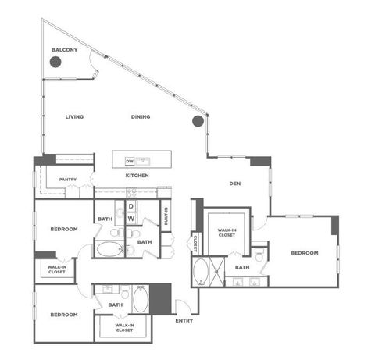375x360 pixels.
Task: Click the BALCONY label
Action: coord(65,50)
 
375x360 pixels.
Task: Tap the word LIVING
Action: coord(75,117)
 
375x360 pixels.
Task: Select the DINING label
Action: coord(141,117)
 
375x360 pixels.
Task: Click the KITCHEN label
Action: coord(137,176)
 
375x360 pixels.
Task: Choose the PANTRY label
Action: coord(67,180)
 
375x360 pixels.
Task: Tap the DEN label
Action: coord(234,184)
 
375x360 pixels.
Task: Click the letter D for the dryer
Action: coord(131,206)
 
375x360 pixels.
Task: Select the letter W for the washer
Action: coord(131,218)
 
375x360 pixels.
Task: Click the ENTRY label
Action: coord(184,319)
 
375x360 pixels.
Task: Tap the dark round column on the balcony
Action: coord(56,63)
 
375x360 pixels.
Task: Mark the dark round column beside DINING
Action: coord(198,121)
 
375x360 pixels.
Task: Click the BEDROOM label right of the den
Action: coord(304,253)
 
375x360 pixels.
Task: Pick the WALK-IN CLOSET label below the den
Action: coord(227,232)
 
